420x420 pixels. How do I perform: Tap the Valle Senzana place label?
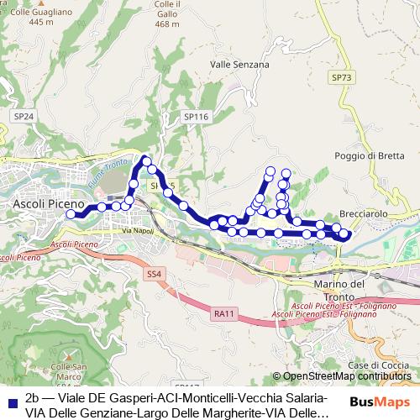[239, 64]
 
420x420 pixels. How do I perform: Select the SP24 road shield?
[24, 116]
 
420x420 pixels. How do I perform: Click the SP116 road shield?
[195, 117]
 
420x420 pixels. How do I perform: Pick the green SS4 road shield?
[154, 274]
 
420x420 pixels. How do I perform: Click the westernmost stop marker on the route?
[71, 214]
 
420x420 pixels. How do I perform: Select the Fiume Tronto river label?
[106, 172]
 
